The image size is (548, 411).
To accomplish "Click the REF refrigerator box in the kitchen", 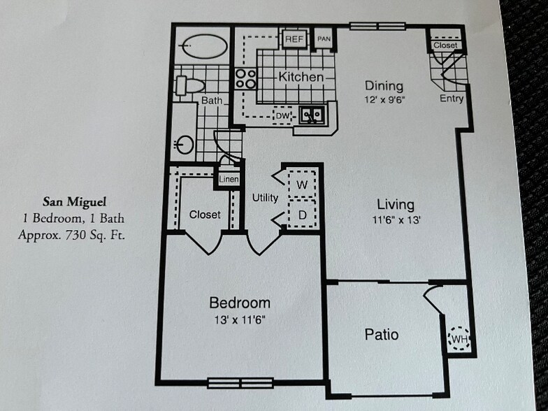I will tap(294, 39).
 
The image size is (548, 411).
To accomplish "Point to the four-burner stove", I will tap(245, 78).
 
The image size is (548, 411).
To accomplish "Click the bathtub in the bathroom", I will tap(203, 47).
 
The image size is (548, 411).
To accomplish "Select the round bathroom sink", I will tap(184, 145).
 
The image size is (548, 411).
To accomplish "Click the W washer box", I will tap(303, 185).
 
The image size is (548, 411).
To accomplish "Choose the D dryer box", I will tap(303, 215).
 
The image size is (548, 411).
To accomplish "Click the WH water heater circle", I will tap(459, 339).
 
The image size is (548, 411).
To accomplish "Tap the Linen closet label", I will tap(229, 180).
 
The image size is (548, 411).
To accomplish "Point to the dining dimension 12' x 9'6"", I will tap(384, 99).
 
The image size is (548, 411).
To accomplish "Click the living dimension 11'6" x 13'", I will tap(396, 218).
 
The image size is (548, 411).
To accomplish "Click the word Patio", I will tap(382, 335).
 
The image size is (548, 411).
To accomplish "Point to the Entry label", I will tap(452, 99).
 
